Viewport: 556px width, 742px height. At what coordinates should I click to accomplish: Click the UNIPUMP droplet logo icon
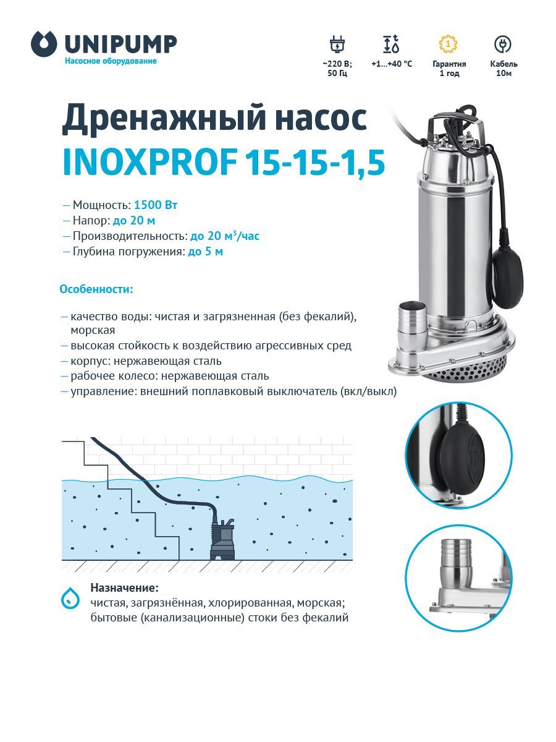43,44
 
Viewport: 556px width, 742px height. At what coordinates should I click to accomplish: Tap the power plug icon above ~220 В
337,45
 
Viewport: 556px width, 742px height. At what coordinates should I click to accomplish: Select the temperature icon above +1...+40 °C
391,45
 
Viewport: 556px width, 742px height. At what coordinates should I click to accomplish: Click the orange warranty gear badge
449,44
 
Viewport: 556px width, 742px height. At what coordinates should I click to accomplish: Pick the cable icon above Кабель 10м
503,45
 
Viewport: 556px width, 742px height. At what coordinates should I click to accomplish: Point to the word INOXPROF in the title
150,163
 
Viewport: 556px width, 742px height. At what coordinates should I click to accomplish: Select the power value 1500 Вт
156,205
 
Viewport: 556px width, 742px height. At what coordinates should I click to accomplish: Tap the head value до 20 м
134,220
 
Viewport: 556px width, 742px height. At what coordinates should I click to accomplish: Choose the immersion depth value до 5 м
205,252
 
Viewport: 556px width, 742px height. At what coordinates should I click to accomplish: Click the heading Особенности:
96,289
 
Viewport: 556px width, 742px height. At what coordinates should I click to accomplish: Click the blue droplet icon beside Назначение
70,598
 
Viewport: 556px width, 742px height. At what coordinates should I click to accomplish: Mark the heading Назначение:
124,588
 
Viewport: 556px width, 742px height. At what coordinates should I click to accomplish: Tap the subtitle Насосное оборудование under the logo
111,61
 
